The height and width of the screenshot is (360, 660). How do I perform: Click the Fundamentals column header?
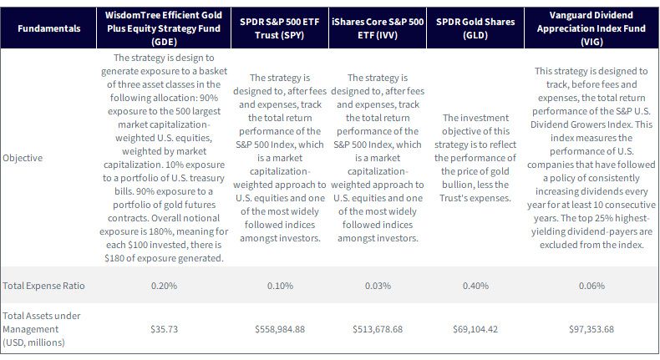48,28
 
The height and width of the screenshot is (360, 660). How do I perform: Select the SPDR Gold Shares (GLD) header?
475,28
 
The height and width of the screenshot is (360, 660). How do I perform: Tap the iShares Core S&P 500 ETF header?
378,28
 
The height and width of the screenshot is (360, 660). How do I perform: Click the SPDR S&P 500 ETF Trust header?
280,28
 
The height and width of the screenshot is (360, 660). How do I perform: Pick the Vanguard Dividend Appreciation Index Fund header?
591,28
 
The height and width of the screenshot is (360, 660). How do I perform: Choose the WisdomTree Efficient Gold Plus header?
164,28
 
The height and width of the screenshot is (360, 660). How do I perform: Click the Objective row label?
23,158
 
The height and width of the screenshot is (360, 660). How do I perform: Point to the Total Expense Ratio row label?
43,286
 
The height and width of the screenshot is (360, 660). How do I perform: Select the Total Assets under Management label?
41,329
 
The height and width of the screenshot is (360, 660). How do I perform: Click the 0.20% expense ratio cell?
164,286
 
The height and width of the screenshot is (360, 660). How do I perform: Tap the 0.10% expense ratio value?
280,286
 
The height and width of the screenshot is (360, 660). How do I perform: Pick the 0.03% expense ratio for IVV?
378,286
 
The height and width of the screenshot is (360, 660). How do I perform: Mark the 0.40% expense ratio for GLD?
475,286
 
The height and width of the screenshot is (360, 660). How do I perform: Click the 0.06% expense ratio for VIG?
591,286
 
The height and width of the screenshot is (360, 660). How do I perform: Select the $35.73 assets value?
164,329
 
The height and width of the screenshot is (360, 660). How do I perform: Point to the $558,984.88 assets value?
280,329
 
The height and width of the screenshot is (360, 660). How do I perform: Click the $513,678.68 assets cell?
378,329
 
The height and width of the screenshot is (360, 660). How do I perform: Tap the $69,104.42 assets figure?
475,329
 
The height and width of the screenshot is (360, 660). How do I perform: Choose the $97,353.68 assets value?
591,329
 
